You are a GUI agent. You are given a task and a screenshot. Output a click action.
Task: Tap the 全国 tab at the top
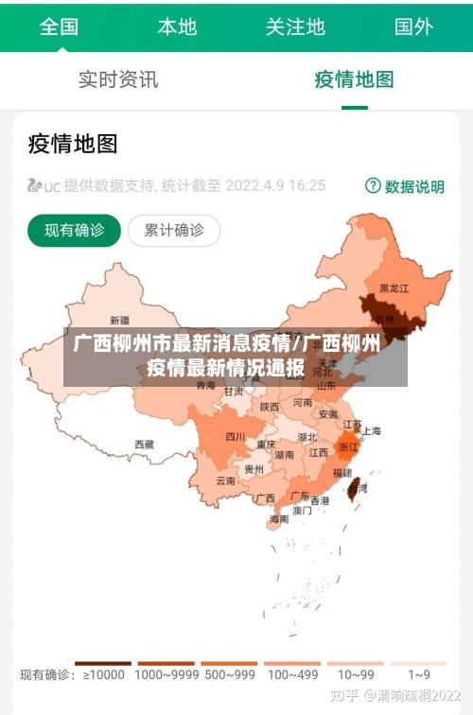(59, 26)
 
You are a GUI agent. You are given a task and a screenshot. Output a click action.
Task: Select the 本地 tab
(177, 26)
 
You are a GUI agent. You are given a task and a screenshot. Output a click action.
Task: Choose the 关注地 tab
(295, 26)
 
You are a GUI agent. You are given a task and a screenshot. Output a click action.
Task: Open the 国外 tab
(413, 26)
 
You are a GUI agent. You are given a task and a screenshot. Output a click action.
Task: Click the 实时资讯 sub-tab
(118, 79)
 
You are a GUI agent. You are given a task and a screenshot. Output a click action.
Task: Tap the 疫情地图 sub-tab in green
(354, 79)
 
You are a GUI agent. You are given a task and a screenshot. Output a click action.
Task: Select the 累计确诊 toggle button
(173, 230)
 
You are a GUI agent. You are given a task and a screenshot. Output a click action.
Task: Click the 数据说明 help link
(405, 186)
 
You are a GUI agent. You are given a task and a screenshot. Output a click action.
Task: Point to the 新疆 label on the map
(119, 320)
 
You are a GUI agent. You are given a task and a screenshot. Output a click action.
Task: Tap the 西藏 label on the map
(144, 444)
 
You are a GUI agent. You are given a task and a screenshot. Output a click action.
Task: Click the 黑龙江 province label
(394, 288)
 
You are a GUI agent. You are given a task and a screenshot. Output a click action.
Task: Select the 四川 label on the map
(235, 436)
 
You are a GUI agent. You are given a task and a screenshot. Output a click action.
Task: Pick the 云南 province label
(225, 480)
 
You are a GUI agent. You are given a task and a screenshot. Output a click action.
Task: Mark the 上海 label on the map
(371, 430)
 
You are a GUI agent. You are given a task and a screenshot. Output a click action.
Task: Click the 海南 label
(279, 519)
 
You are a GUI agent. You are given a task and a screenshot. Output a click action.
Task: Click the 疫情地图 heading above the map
(73, 144)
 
